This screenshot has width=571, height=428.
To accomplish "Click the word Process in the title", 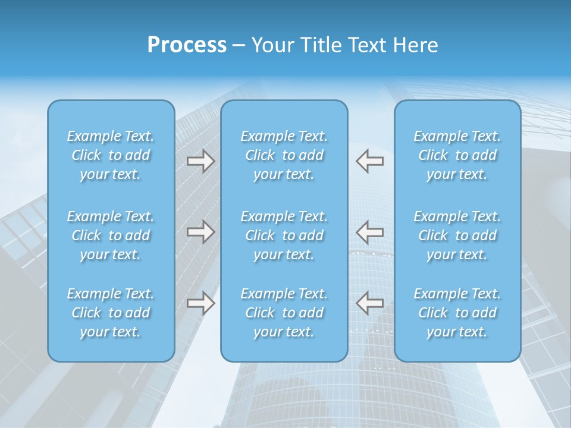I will coord(187,45).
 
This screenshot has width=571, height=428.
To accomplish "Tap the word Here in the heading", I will coord(415,45).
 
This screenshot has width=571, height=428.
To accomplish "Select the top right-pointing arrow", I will coord(201,160).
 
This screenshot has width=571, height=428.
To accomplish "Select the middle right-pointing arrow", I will coord(201,231).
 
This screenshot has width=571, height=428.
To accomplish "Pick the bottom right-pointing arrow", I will coord(201,303).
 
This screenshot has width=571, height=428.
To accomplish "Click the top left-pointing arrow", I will coord(370,160).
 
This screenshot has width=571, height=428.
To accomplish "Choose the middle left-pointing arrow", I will coord(370,231).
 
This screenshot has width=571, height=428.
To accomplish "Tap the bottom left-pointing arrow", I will coord(370,303).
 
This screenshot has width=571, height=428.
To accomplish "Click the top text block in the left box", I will coord(111,155).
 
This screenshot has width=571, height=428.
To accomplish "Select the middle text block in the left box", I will coord(111,235).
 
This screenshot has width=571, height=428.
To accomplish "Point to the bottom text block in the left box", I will coord(111,313).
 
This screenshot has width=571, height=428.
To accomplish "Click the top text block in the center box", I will coord(284,155).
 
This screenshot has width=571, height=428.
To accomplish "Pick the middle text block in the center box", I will coord(284,235).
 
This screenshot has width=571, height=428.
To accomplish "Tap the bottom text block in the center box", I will coord(284,313).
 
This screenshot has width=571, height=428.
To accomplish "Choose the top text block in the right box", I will coord(457,155).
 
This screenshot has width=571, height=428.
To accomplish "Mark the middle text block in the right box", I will coord(457,235).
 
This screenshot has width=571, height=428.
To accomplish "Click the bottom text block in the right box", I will coord(457,313).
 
